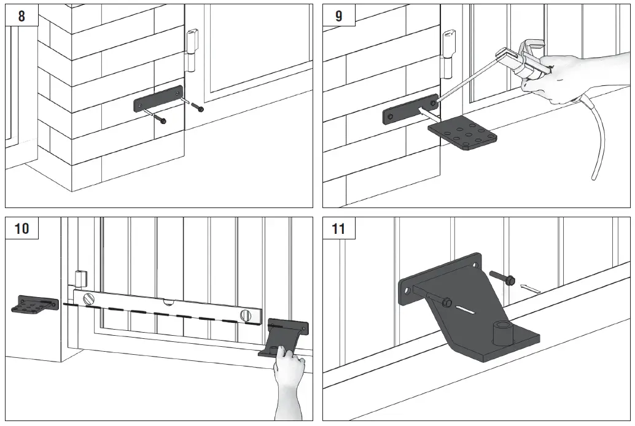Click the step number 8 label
(21, 16)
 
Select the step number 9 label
(338, 16)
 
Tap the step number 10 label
(21, 229)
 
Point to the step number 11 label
(338, 229)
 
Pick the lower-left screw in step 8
(161, 120)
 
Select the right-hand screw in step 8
(198, 109)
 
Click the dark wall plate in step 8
(157, 99)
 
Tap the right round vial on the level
(246, 315)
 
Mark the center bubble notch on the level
(167, 302)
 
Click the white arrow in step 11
(530, 287)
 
